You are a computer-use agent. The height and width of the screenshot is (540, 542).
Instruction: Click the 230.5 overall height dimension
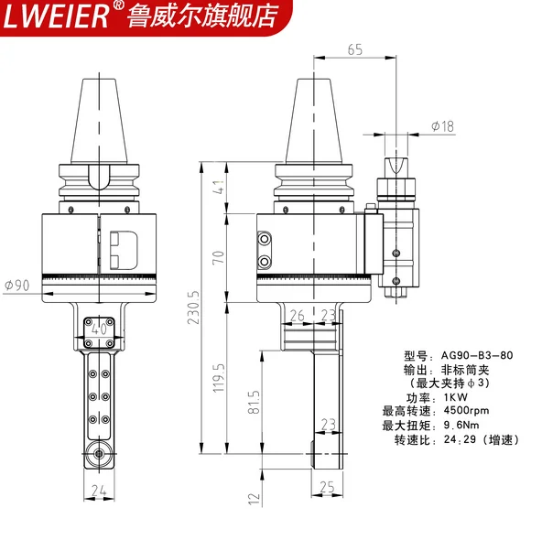193,308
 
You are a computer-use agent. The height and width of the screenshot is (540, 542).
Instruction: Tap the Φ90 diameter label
17,286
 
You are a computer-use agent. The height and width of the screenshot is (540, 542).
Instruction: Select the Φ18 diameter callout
443,126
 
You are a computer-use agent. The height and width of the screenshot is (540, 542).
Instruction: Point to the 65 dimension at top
355,49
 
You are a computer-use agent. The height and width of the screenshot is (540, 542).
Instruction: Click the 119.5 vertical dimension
219,378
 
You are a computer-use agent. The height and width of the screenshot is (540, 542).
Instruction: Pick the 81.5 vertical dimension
254,402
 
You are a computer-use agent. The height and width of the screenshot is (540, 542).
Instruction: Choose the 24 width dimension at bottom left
99,491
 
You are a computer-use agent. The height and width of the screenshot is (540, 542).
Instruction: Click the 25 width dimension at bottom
327,487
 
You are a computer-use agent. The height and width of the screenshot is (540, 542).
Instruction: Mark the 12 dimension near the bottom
255,498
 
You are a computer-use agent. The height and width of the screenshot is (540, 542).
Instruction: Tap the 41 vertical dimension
219,187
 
